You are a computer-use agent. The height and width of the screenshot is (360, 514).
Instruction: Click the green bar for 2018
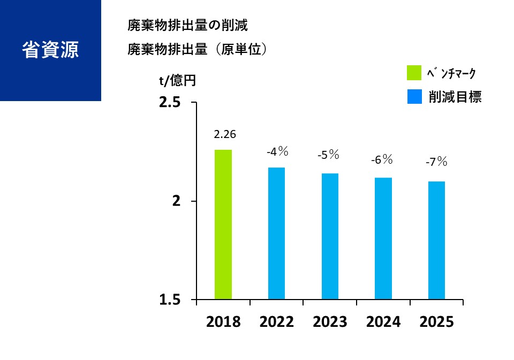223,224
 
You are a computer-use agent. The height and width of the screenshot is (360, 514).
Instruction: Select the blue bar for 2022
276,233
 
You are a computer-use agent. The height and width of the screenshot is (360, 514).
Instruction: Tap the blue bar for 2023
330,236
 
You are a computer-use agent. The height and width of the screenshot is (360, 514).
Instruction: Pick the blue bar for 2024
383,238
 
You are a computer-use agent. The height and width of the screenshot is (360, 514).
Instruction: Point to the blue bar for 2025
436,240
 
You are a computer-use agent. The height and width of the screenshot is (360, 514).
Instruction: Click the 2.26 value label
224,134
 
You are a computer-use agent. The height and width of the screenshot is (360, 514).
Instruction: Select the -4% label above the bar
277,152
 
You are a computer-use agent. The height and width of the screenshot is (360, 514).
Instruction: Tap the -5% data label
328,155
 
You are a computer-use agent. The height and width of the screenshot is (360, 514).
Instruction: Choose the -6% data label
382,159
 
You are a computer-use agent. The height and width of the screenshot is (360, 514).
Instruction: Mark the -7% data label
435,162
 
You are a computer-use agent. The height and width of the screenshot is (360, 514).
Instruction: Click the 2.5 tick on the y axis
170,103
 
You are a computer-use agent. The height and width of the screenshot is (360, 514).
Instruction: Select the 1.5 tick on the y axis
170,300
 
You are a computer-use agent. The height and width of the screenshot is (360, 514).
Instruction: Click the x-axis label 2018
223,322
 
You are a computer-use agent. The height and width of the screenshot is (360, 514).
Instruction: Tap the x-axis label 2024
383,322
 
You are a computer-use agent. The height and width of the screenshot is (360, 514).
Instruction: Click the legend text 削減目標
455,97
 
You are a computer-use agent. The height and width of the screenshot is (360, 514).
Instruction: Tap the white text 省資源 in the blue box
50,50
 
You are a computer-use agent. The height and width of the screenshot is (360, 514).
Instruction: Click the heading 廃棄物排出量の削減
187,25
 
